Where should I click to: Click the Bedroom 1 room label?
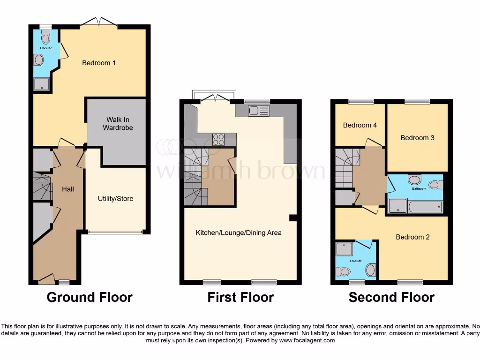coord(99,63)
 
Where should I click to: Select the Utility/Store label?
coord(116,199)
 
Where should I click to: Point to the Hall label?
coord(68,189)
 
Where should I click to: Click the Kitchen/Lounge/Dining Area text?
coord(239,232)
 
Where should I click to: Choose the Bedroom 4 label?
coord(360,125)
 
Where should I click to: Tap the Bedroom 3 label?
coord(417,137)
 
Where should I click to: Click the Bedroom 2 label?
coord(412,237)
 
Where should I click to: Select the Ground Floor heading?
coord(90,297)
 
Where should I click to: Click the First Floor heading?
coord(240,297)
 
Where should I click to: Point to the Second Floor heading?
coord(391,297)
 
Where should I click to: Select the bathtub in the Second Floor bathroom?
coord(426,207)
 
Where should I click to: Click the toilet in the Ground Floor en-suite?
coord(45,37)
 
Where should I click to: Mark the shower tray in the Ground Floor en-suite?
coord(40,83)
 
